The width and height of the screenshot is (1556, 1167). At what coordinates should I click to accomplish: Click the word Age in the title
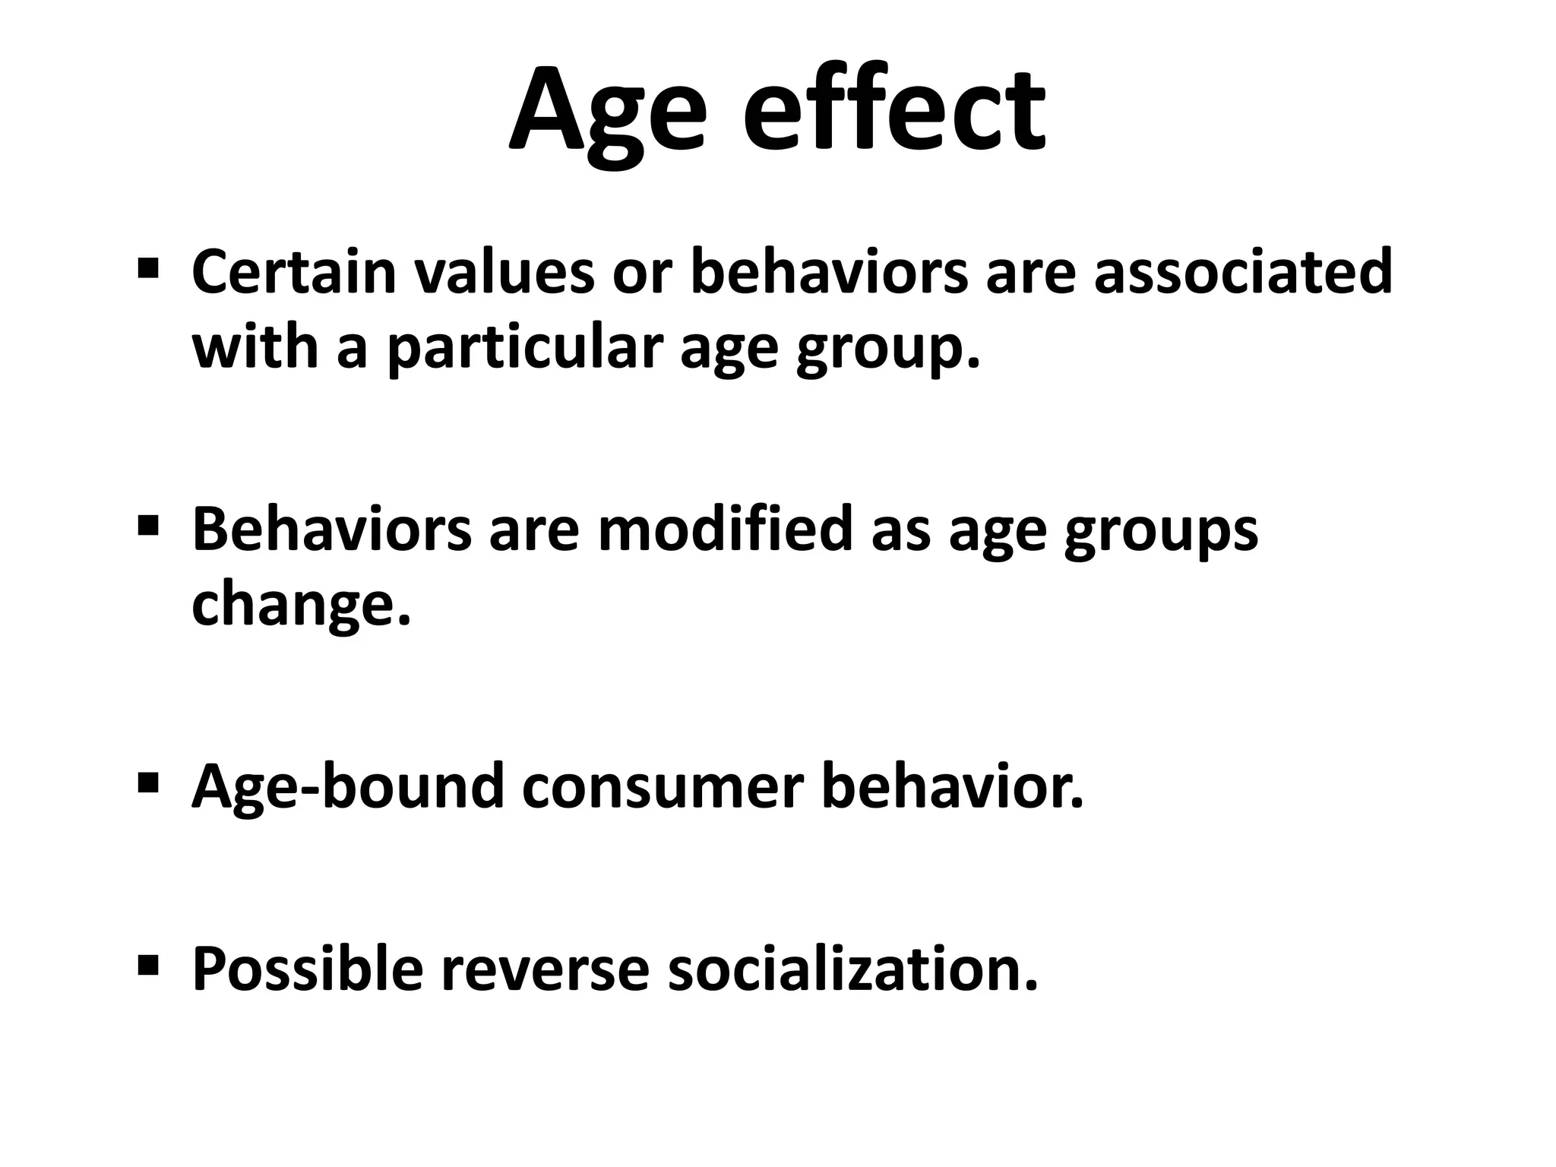point(608,114)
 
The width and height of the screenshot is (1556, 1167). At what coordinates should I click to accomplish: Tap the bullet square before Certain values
point(148,267)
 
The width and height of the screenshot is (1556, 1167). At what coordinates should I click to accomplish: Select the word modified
point(726,529)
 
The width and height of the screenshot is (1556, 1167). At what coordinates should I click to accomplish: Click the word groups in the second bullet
point(1161,530)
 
